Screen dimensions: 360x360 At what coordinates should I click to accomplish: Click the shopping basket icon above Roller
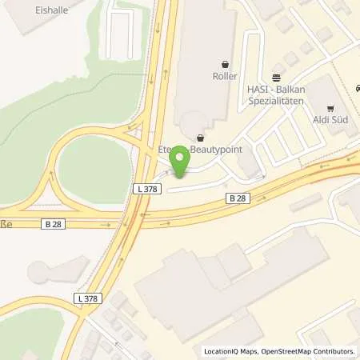coord(225,64)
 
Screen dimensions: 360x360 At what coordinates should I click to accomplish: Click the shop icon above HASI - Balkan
coord(276,78)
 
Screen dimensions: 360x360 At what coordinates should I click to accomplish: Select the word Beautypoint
coord(214,150)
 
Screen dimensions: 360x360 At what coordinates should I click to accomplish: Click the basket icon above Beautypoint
coord(199,137)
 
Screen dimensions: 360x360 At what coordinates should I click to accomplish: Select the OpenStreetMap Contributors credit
coord(310,351)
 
